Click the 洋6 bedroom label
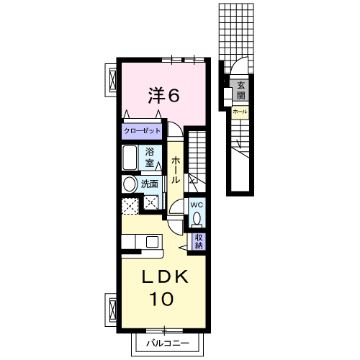[164, 95]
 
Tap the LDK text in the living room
[165, 276]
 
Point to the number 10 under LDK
[161, 299]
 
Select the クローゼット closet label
[142, 131]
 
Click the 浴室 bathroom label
[149, 157]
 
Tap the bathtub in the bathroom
[130, 158]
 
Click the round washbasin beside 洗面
[130, 184]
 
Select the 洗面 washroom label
[149, 184]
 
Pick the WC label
[197, 204]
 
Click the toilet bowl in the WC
[197, 218]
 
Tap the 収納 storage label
[199, 241]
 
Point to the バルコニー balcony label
[168, 343]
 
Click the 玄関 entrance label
[241, 91]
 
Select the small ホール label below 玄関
[240, 112]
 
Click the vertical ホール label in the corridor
[176, 170]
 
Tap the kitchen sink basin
[152, 242]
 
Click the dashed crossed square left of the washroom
[130, 206]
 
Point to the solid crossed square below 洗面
[151, 202]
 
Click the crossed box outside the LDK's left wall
[112, 309]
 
